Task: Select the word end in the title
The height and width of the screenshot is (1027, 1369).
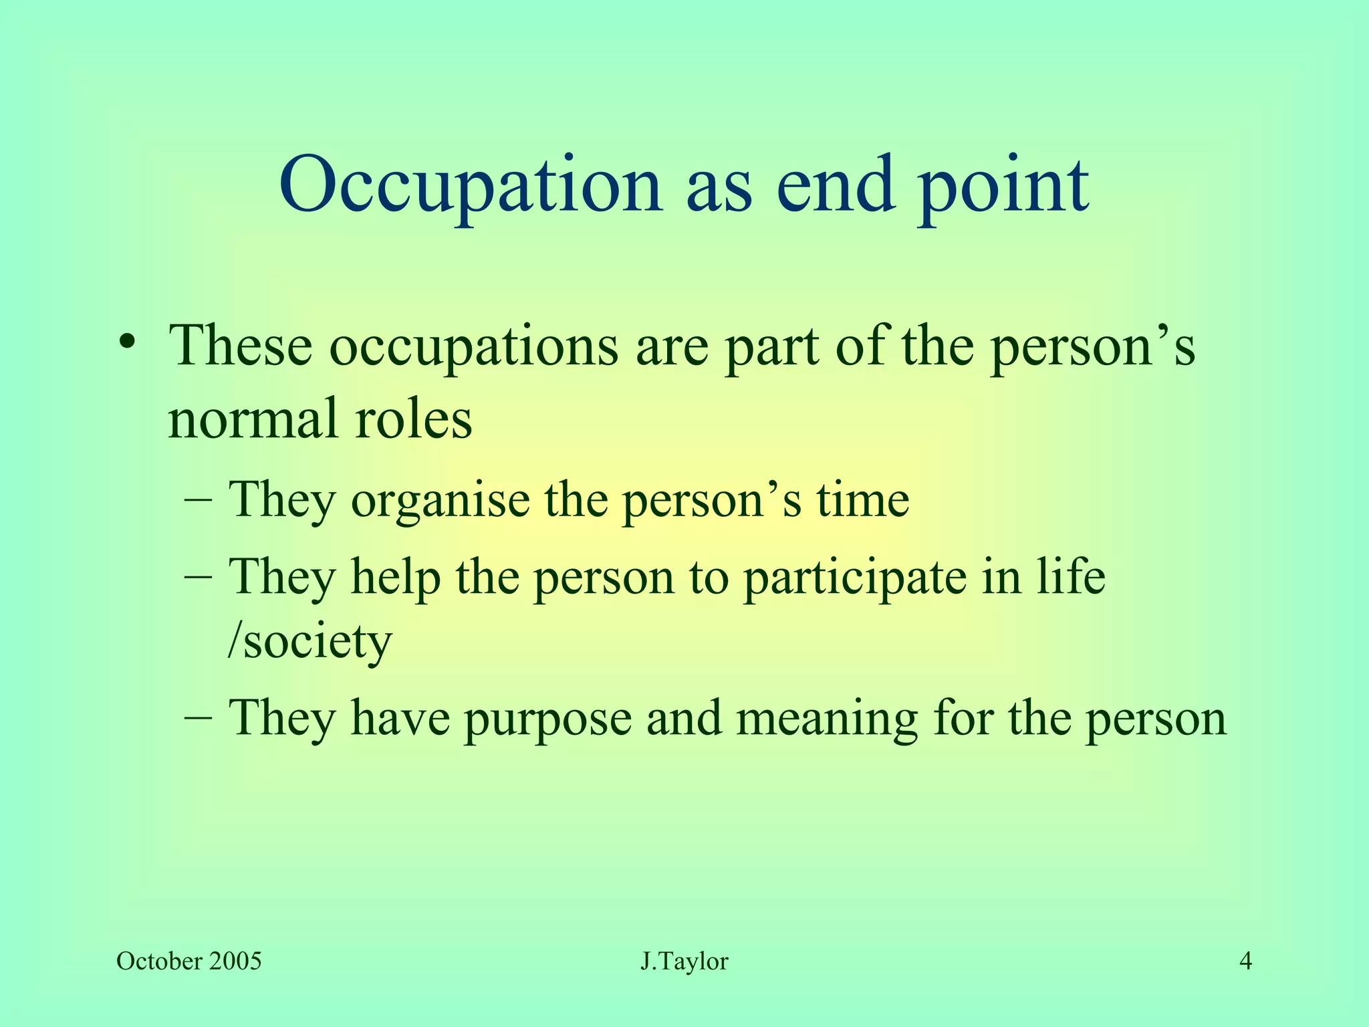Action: (x=836, y=184)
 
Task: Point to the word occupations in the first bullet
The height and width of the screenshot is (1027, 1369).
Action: (x=474, y=348)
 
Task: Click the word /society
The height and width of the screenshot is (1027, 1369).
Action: (x=309, y=641)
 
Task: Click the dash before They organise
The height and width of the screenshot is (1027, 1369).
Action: (x=198, y=500)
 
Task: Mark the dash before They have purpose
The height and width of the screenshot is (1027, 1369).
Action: (x=198, y=717)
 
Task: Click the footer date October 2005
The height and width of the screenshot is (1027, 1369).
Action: (x=189, y=961)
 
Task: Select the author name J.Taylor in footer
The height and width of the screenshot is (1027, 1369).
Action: (x=684, y=961)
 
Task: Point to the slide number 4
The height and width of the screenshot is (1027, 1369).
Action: (x=1245, y=961)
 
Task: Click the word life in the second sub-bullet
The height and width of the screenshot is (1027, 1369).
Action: (x=1070, y=576)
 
